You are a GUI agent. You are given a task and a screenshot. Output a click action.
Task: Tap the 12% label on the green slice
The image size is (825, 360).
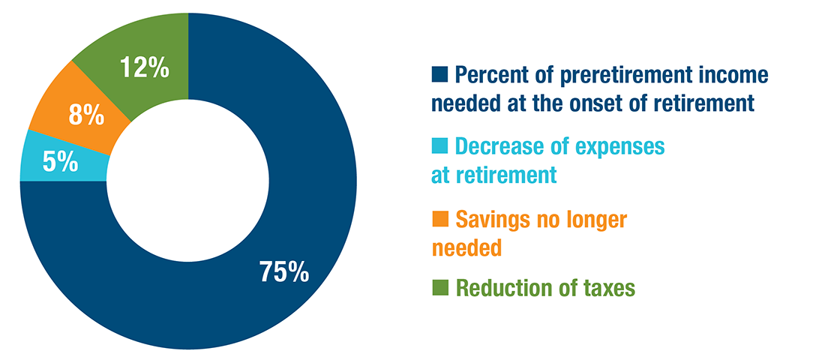click(x=145, y=68)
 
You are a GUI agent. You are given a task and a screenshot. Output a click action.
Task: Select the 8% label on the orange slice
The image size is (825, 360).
click(x=86, y=116)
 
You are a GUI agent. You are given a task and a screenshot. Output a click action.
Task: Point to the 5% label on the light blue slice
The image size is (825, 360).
click(x=61, y=163)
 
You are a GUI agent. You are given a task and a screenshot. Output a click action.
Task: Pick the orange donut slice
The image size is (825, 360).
click(x=79, y=113)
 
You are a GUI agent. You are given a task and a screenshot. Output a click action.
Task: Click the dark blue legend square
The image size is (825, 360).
click(x=439, y=75)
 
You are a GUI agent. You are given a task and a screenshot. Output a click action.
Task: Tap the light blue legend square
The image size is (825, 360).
click(x=439, y=145)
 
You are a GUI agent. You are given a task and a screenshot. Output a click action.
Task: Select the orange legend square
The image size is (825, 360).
click(x=439, y=218)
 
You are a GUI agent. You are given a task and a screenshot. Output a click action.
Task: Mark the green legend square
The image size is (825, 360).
click(x=439, y=288)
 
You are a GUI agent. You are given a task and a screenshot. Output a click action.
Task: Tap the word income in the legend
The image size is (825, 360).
click(x=735, y=76)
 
